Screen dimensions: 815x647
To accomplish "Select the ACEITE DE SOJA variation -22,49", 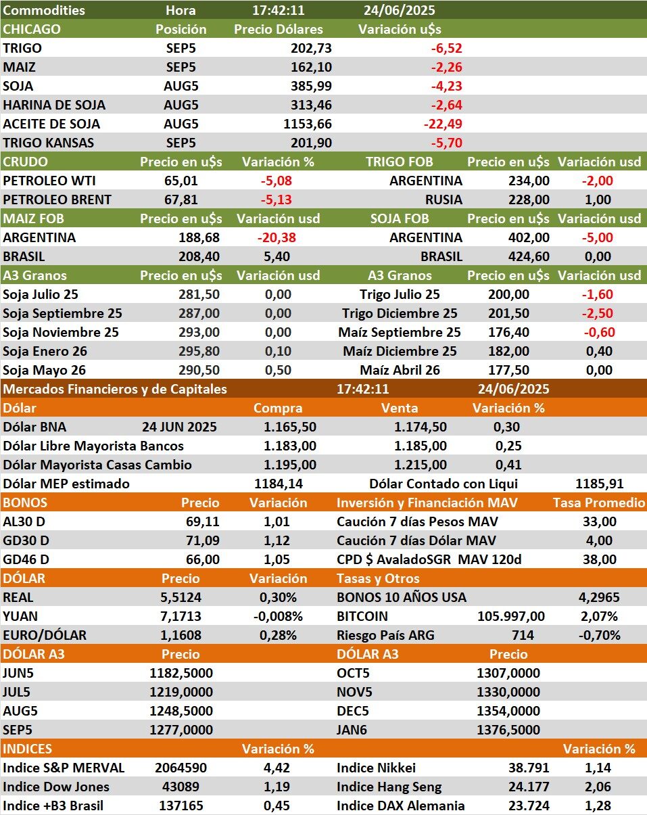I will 442,124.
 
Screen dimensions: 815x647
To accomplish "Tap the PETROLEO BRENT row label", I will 57,200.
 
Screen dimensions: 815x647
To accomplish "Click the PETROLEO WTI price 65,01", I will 181,181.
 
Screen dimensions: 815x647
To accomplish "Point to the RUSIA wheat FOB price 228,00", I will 529,200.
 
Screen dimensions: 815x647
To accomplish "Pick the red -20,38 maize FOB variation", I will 277,238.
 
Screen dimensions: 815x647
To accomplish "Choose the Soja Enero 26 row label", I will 45,352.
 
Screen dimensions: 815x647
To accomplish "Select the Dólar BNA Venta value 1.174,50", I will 421,427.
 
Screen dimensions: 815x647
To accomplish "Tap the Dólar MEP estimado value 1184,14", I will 279,484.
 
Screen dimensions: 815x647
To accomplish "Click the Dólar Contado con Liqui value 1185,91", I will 598,484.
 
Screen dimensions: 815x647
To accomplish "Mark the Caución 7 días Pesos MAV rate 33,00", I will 599,522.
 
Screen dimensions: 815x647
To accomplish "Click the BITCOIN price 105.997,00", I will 511,617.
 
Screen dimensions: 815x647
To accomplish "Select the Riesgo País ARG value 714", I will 523,636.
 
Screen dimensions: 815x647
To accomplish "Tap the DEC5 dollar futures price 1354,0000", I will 508,712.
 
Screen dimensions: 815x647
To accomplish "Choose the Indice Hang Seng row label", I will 389,787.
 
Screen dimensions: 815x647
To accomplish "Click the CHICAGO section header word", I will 32,30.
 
